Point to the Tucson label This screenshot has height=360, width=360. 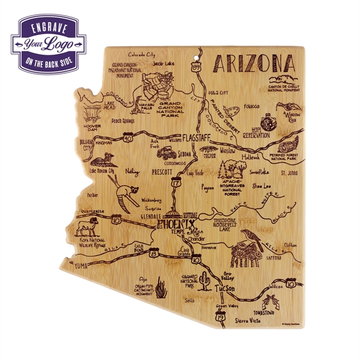click(x=224, y=289)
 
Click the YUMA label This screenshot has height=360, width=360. click(x=81, y=265)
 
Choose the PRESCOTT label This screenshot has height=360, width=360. click(x=161, y=172)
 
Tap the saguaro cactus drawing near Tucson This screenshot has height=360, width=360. click(x=205, y=278)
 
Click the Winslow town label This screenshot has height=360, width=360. click(x=228, y=151)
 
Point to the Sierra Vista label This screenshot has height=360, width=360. click(x=249, y=321)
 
